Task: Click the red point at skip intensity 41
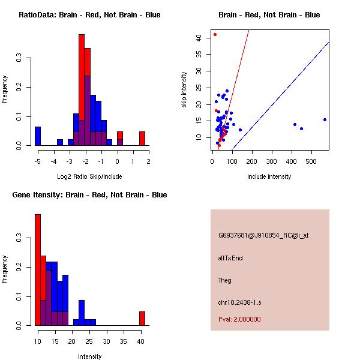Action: (215, 34)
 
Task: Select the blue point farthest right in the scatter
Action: (325, 119)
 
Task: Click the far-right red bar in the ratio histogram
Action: (142, 139)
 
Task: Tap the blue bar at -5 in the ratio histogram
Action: (38, 136)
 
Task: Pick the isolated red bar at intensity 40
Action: (142, 318)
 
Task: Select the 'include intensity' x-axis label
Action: (269, 176)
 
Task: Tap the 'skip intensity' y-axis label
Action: (184, 89)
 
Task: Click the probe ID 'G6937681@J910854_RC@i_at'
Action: (263, 236)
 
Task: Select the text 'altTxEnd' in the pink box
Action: (230, 258)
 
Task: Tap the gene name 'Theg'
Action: (225, 280)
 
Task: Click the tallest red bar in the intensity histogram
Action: (38, 270)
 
